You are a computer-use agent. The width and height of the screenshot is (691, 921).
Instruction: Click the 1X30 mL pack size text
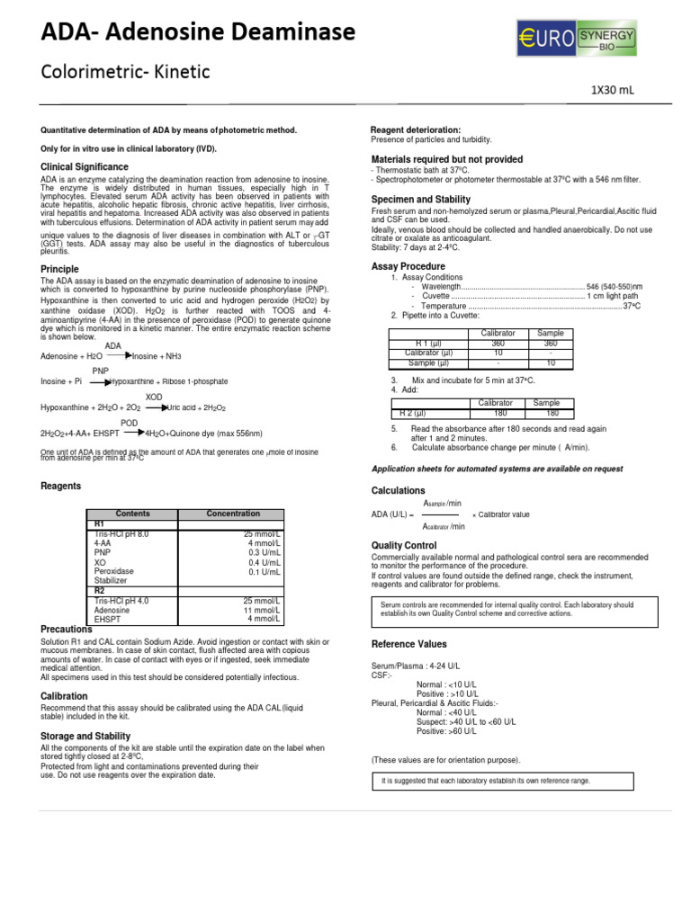coord(613,90)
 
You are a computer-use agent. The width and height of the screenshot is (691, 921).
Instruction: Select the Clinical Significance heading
coord(85,167)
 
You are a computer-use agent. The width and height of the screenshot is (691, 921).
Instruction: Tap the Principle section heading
coord(59,269)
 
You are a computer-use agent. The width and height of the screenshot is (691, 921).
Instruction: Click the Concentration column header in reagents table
coord(233,514)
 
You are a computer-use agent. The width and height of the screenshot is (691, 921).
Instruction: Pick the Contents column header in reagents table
coord(133,514)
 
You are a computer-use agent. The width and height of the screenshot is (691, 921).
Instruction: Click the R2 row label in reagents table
coord(100,591)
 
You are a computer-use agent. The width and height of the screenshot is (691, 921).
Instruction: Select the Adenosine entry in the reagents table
coord(112,610)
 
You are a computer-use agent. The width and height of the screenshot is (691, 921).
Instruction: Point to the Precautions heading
coord(67,630)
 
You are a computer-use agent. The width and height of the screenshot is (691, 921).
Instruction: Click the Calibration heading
coord(65,696)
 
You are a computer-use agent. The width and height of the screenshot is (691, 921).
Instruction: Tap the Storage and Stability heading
coord(85,737)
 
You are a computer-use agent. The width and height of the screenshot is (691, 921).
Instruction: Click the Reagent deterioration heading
coord(416,130)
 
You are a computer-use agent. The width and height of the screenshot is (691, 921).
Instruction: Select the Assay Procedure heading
coord(408,266)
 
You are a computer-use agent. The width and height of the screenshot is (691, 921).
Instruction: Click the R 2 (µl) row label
coord(425,412)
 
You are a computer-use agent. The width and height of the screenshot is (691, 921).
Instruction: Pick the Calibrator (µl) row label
coord(430,353)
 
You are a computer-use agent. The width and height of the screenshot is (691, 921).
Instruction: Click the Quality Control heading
coord(404,545)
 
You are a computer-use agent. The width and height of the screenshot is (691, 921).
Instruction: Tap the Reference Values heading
coord(409,644)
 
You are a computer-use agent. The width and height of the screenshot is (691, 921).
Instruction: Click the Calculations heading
coord(399,490)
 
